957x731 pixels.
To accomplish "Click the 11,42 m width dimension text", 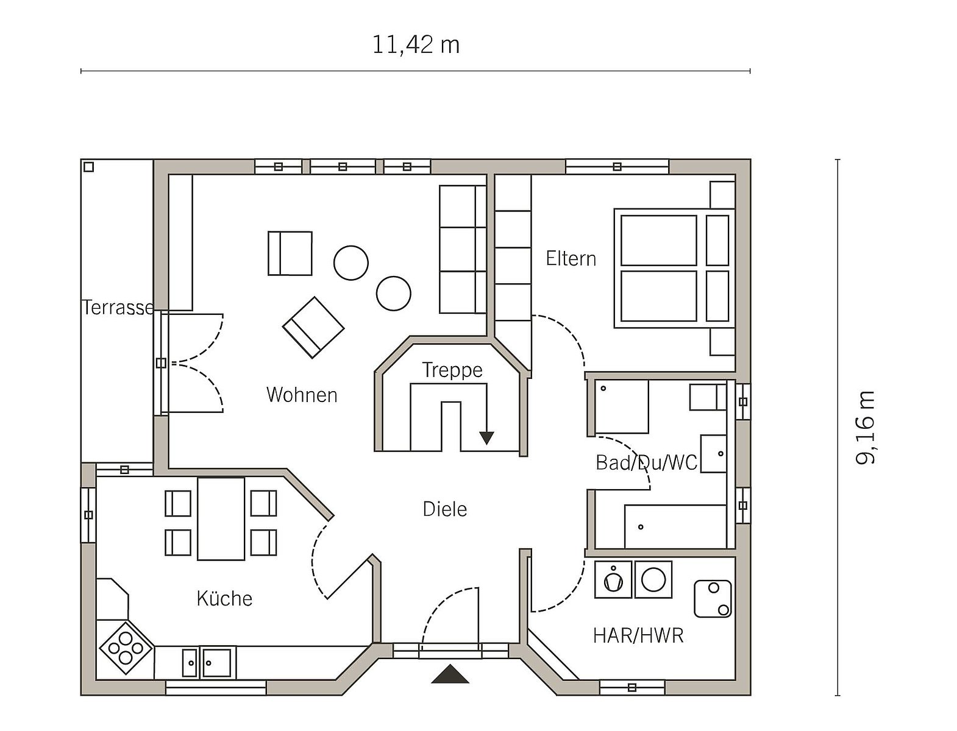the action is tap(416, 45).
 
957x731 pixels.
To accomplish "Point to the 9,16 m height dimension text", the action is tap(865, 428).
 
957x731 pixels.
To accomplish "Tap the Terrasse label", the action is tap(118, 308).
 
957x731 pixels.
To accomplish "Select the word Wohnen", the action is tap(302, 395).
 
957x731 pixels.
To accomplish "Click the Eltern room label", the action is tap(571, 259).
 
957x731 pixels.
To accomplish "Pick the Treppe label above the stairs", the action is tap(452, 371).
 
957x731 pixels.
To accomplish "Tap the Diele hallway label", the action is tap(445, 509).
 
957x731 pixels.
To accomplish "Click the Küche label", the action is tap(224, 599).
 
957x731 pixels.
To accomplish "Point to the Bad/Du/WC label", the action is tap(647, 462).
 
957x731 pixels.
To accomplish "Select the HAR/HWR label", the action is tap(638, 636).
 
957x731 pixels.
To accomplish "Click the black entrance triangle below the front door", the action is tap(450, 674).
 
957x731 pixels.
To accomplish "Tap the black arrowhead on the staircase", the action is tap(486, 438).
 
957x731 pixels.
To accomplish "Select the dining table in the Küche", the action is tap(221, 518).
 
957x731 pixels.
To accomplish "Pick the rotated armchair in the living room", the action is tap(313, 328).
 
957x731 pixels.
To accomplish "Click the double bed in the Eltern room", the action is tap(675, 269).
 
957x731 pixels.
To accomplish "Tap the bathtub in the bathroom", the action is tap(675, 526).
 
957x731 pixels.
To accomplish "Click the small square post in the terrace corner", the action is tap(88, 167).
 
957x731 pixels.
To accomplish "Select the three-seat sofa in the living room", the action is tap(463, 249).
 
